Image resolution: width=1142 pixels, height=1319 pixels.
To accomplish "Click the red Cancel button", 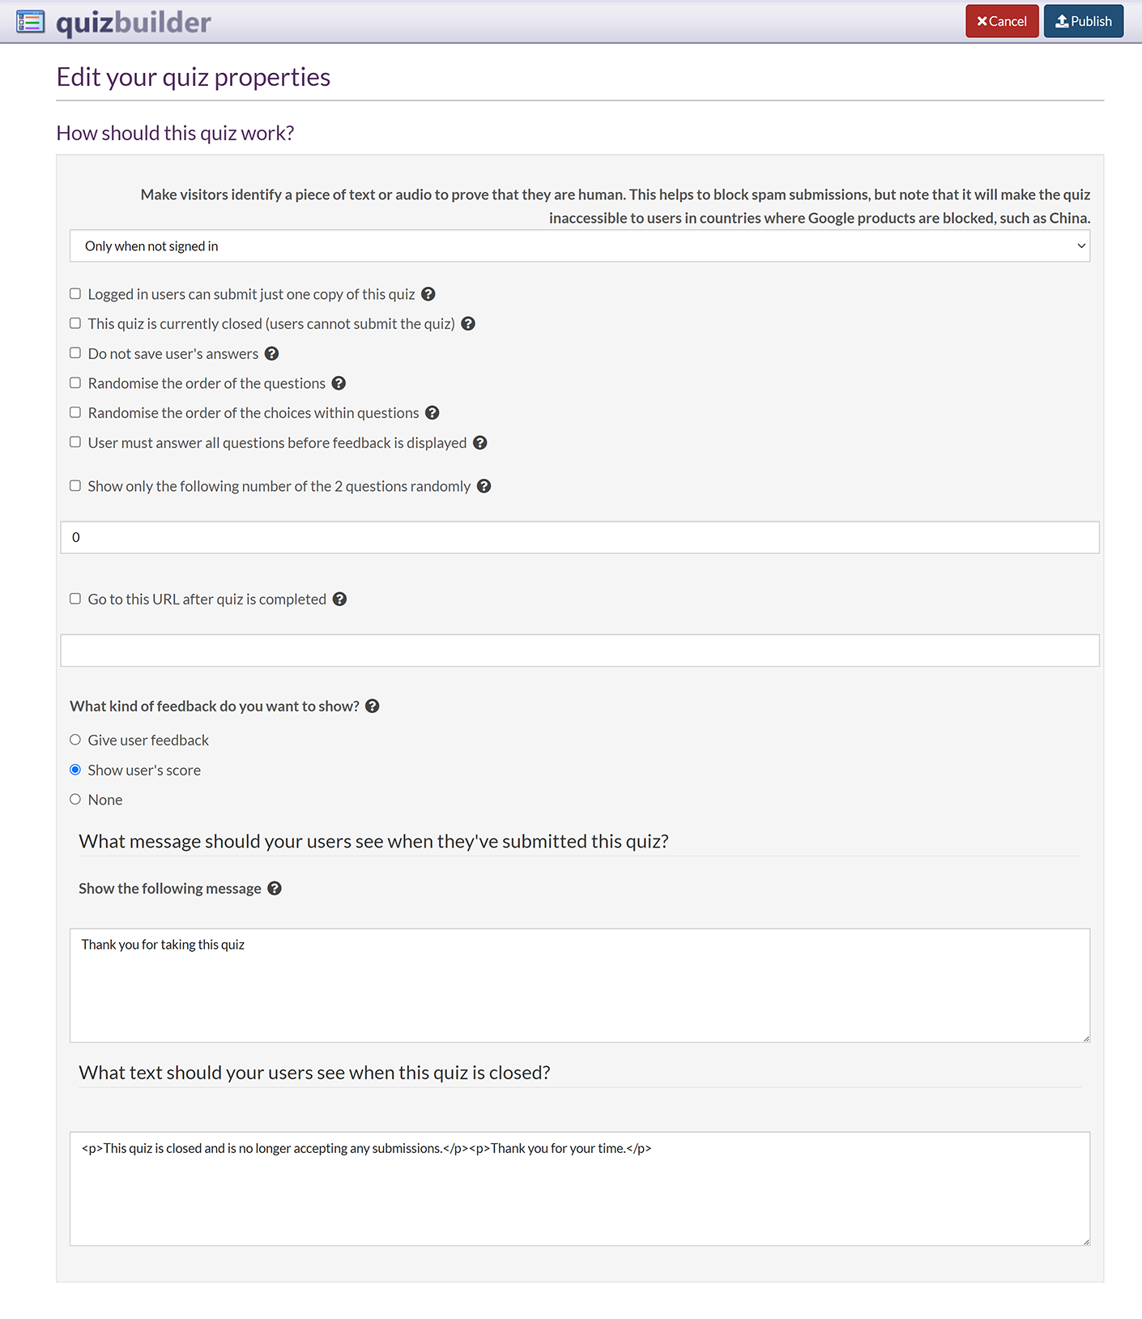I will (x=1001, y=21).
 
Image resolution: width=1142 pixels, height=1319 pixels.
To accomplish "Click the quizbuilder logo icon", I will (x=31, y=21).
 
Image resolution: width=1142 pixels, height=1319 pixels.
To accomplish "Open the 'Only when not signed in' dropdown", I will (x=579, y=246).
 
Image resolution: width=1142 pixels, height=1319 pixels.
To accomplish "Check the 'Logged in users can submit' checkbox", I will (x=75, y=294).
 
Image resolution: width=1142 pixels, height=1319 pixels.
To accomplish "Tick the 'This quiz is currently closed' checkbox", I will (x=75, y=323).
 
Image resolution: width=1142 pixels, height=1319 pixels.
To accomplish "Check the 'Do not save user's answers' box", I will (x=75, y=353).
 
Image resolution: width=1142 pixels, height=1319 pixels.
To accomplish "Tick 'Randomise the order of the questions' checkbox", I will (x=75, y=383).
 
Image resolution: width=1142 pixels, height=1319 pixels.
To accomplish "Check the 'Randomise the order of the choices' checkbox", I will (x=75, y=412).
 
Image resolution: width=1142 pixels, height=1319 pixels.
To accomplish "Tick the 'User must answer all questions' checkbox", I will (x=75, y=442).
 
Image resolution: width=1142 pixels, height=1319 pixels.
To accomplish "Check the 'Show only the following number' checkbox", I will (x=75, y=486).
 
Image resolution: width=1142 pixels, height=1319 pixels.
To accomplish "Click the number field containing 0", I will (x=579, y=537).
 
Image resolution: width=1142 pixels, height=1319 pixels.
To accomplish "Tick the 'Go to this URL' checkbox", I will (x=75, y=599).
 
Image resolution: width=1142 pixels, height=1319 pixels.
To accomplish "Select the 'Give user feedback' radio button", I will (x=75, y=740).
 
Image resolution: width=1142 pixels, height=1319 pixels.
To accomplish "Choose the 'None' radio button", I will (x=75, y=800).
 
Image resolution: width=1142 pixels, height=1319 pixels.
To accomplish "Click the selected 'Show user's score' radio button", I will (x=75, y=770).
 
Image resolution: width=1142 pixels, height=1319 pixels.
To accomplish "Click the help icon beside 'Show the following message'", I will (x=275, y=889).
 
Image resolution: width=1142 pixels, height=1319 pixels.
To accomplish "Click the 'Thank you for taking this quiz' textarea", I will (x=579, y=985).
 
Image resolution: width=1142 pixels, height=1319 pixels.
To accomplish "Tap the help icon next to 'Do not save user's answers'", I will (x=272, y=353).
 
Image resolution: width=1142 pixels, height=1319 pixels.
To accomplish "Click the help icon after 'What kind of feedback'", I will (x=373, y=706).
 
